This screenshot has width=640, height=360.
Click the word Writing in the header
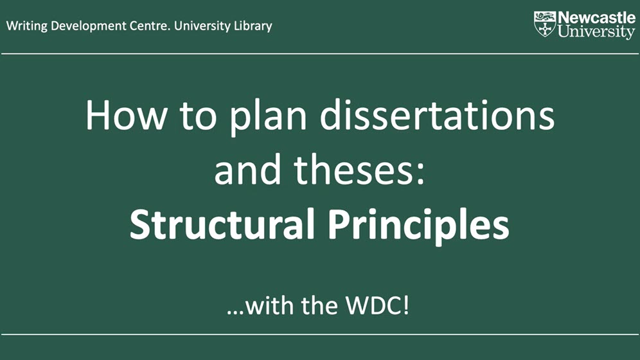click(26, 26)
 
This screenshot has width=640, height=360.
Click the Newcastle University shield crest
click(545, 24)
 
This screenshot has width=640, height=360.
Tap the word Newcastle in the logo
click(597, 18)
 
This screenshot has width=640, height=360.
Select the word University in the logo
click(596, 32)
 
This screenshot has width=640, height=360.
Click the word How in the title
click(126, 116)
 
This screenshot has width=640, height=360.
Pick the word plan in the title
click(268, 118)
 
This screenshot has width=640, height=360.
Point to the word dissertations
click(437, 116)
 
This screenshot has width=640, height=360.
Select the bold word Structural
click(222, 224)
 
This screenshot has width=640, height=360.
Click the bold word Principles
click(418, 226)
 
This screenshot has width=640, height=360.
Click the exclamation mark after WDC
click(405, 305)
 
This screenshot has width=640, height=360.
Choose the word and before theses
click(248, 170)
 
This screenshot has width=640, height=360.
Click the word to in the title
click(198, 118)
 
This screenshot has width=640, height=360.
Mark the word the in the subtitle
click(319, 305)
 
